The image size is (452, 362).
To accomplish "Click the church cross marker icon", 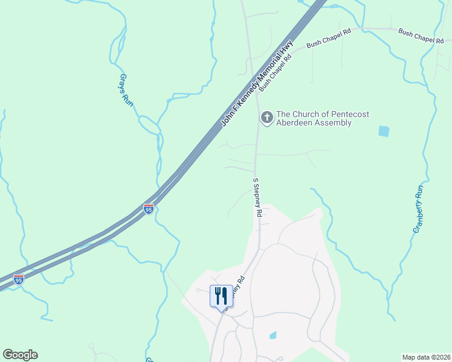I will [x=266, y=118].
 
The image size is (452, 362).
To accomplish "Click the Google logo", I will [x=20, y=355].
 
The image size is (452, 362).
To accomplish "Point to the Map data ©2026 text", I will [x=426, y=357].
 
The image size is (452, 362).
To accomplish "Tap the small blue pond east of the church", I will [x=383, y=130].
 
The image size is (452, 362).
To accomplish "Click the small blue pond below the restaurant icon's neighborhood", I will [x=273, y=335].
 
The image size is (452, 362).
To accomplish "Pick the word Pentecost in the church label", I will [x=349, y=114].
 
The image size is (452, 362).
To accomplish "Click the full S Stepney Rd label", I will [x=257, y=197].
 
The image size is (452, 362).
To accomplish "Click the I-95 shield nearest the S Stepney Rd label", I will [x=149, y=208].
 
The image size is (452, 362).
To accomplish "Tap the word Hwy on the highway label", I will [x=288, y=47].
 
